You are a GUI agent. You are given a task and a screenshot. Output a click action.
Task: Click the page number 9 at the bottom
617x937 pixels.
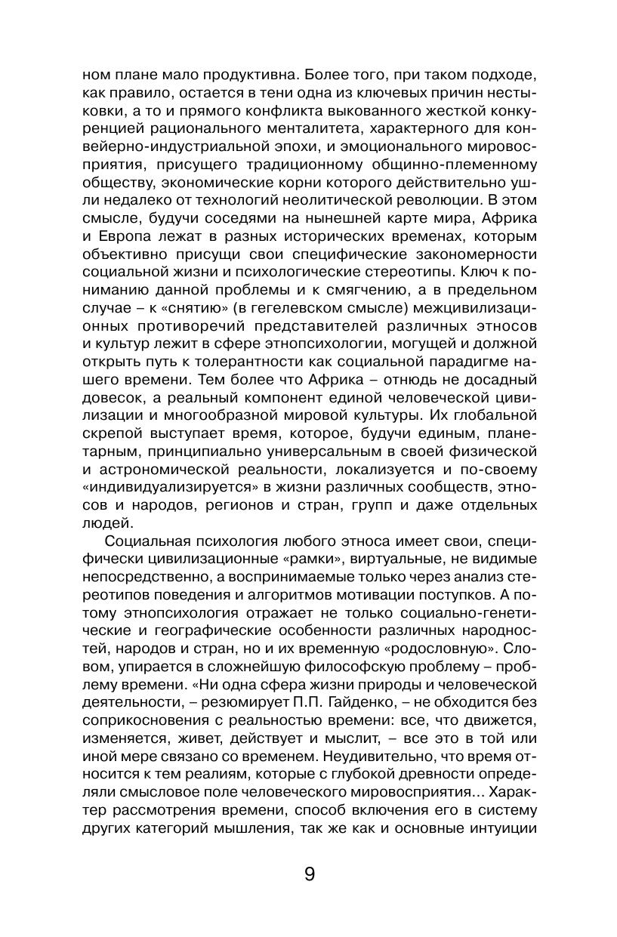(x=309, y=875)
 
